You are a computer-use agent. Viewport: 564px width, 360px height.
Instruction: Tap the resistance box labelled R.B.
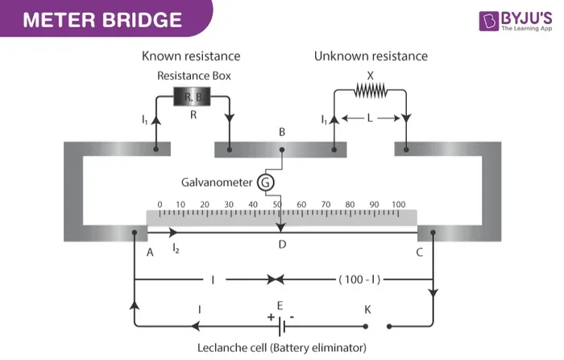192,97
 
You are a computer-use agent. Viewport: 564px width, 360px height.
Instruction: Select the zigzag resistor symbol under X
371,90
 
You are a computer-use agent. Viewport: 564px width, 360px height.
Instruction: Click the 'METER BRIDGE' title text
102,20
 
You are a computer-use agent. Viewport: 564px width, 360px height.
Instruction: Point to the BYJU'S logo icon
489,21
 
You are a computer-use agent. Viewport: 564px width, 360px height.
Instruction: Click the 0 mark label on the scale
160,205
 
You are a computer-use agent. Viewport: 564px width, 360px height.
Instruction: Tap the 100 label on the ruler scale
399,205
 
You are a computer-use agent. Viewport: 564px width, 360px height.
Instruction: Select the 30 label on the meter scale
229,205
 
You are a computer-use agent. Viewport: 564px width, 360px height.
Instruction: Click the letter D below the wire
282,245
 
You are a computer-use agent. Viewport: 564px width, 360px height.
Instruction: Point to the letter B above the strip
282,132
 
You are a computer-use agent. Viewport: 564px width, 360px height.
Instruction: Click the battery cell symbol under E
282,326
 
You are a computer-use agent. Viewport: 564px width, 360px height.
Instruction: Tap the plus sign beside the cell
271,317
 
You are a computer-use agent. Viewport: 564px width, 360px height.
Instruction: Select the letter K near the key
367,309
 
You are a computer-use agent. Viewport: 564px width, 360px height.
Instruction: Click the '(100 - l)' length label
359,279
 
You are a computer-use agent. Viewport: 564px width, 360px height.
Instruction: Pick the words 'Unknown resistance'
371,56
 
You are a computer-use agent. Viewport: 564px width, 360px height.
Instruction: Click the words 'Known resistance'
191,56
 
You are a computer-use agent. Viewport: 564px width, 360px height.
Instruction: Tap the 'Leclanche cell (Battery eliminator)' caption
282,348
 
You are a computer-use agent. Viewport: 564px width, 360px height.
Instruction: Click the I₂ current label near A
176,248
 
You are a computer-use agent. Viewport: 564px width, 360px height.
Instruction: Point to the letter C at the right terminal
420,252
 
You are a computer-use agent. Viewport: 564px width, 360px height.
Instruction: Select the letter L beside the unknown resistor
369,118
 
